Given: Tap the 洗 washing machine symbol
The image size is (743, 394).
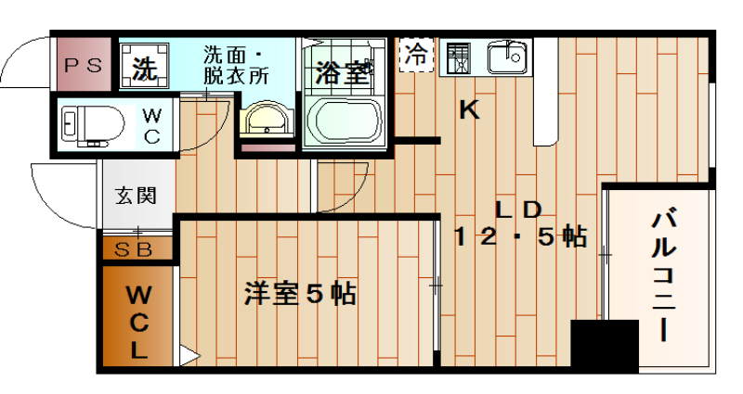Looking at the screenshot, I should (x=143, y=68).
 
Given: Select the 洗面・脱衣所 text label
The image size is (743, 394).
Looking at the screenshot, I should (x=237, y=65).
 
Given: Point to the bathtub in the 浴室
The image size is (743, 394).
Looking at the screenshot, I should (x=345, y=120).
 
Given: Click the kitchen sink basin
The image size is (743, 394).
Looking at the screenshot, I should (x=507, y=57).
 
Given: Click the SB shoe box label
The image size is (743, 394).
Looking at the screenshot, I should (x=136, y=248).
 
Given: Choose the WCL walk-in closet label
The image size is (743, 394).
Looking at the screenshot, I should (x=137, y=322).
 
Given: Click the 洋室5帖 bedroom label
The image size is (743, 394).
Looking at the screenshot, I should (x=300, y=294).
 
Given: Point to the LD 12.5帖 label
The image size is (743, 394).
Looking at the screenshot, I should (x=519, y=223).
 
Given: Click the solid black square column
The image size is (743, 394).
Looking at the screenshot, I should (x=604, y=345).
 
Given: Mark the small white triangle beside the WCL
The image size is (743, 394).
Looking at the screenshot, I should (x=188, y=355).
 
